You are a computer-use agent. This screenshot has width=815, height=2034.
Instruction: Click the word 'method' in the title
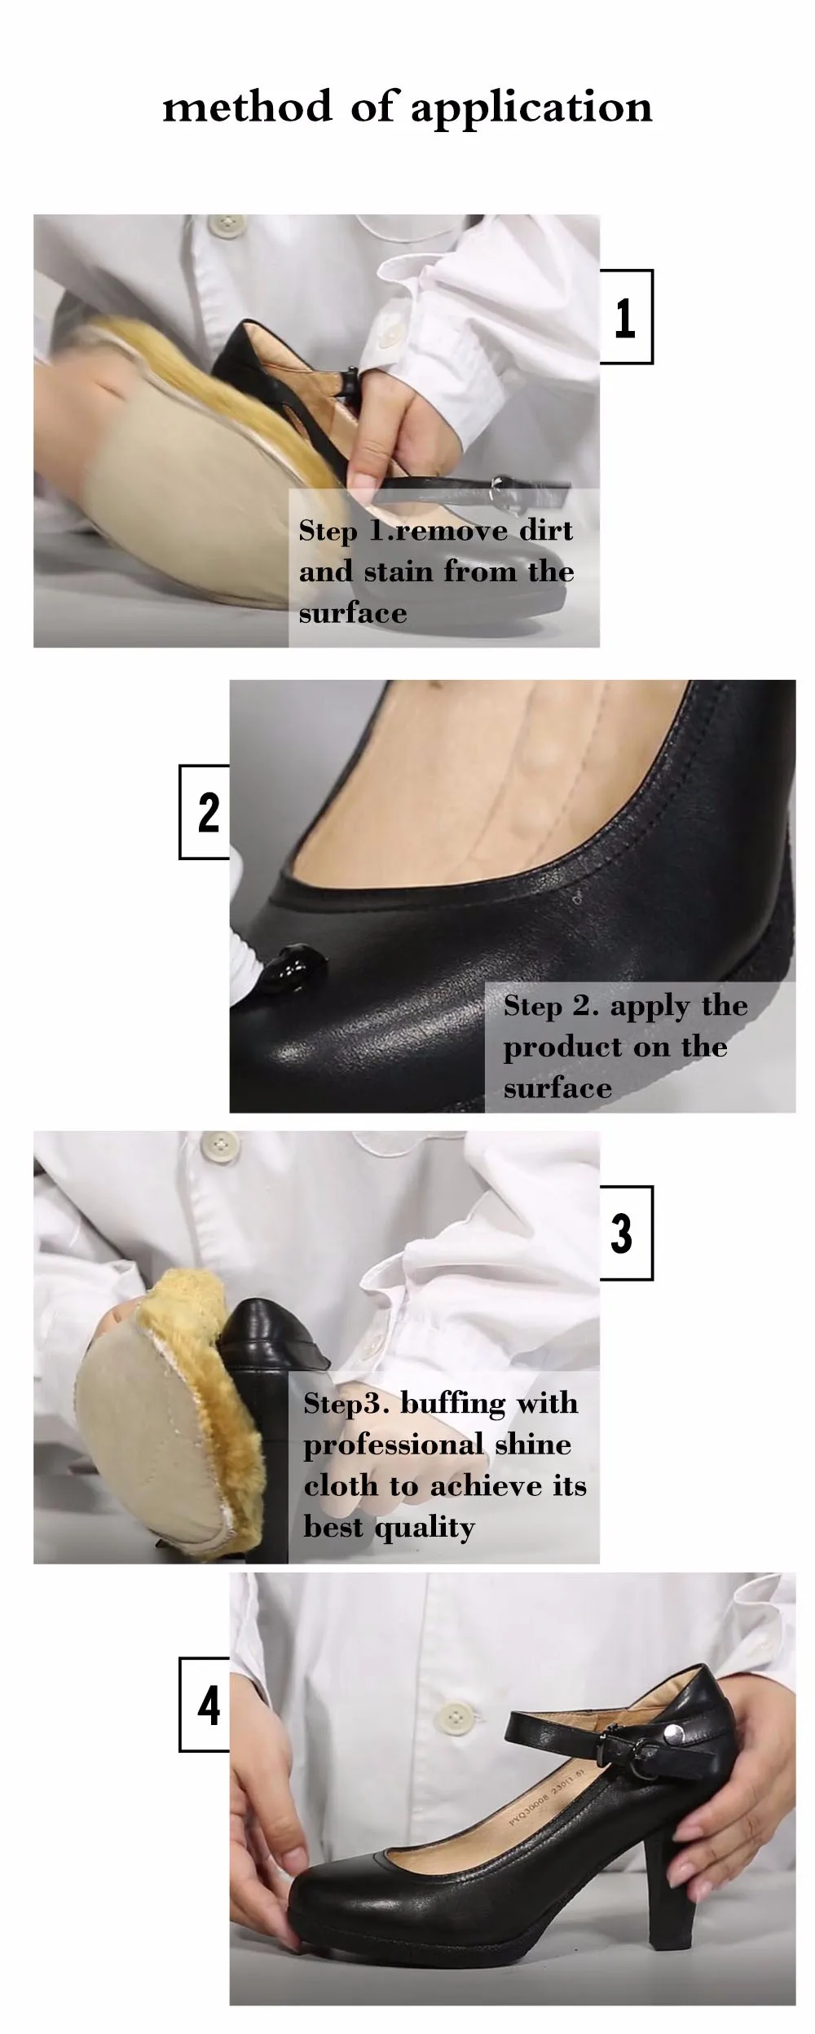point(248,106)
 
